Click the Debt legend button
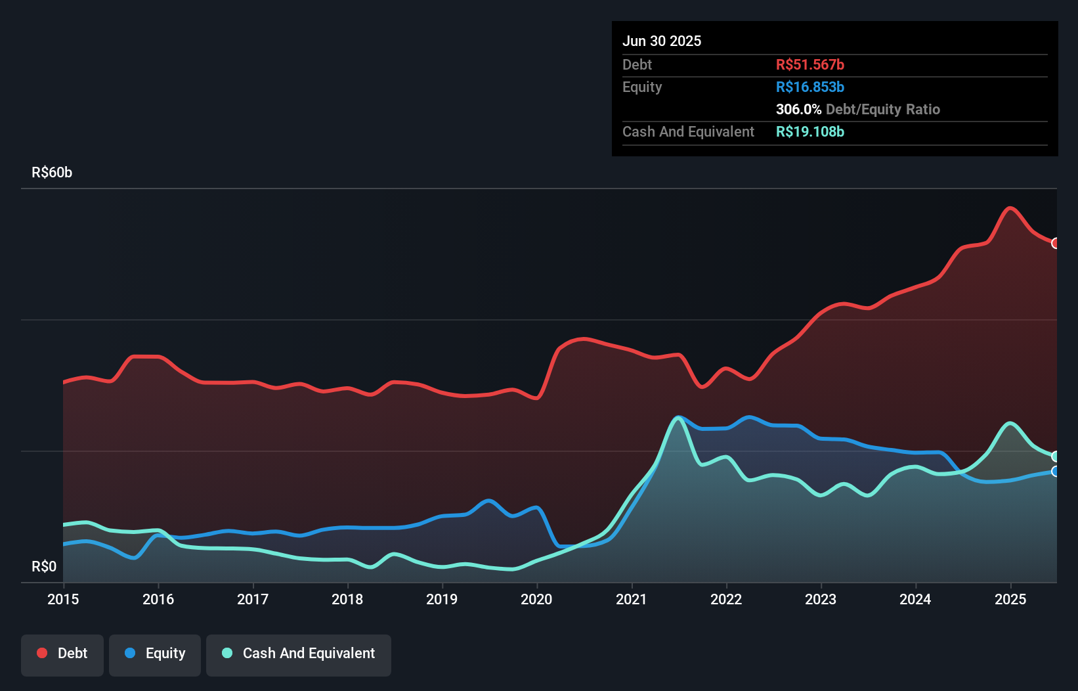pos(62,654)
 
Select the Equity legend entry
pos(155,654)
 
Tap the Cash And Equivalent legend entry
pos(299,654)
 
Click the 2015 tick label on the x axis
pos(63,599)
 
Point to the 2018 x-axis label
pos(347,599)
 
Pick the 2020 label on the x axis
pos(536,599)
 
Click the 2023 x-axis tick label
pos(821,599)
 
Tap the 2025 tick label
pos(1010,599)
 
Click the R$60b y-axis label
pos(52,173)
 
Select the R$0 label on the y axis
pos(44,567)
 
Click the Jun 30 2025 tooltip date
pos(662,41)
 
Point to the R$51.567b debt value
pos(809,64)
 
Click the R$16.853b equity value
pos(809,87)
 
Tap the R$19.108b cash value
pos(809,131)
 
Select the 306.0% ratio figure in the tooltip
pos(798,109)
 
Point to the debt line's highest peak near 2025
pos(1010,208)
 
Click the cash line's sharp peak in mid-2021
pos(678,417)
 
